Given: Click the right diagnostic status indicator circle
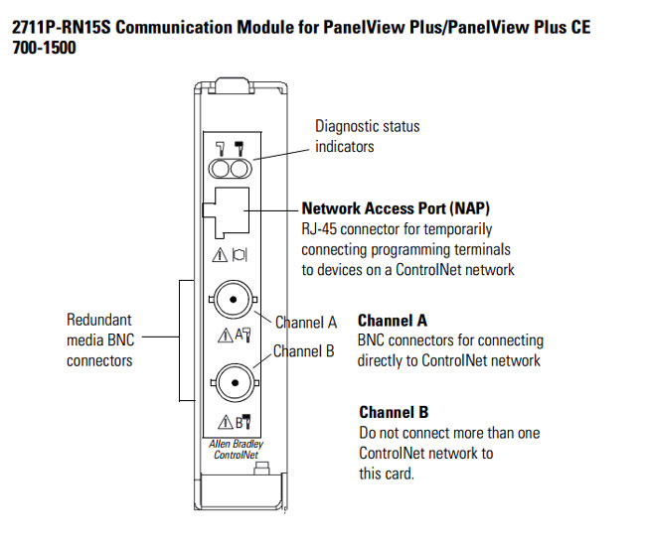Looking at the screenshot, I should pyautogui.click(x=239, y=167).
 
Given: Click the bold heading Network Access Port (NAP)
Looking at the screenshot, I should pyautogui.click(x=396, y=209).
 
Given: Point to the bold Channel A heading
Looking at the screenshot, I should pyautogui.click(x=393, y=321).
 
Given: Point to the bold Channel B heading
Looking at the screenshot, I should pyautogui.click(x=393, y=412).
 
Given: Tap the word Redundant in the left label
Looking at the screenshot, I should pyautogui.click(x=99, y=320).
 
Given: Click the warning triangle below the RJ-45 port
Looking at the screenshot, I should pyautogui.click(x=221, y=256).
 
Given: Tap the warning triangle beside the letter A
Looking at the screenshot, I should pyautogui.click(x=222, y=335).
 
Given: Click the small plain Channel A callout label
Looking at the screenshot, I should pyautogui.click(x=305, y=323).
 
